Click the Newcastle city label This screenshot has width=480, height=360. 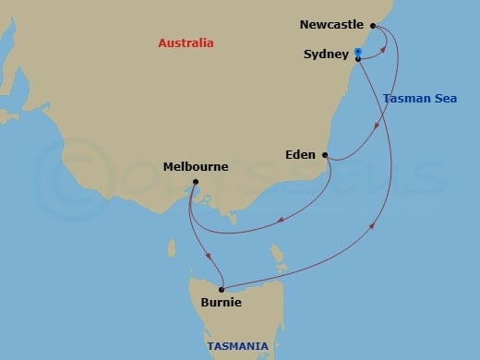pyautogui.click(x=332, y=25)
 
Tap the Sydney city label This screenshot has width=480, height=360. pyautogui.click(x=326, y=54)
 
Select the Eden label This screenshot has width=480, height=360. pyautogui.click(x=300, y=155)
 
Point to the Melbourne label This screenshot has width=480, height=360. pyautogui.click(x=196, y=167)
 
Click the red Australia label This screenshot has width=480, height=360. pyautogui.click(x=186, y=43)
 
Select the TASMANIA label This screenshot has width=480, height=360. pyautogui.click(x=238, y=346)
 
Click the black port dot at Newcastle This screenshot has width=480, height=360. pyautogui.click(x=373, y=26)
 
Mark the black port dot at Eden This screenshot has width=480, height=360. pyautogui.click(x=324, y=155)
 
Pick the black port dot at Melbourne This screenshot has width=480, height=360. pyautogui.click(x=196, y=183)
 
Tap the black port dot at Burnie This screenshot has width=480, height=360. pyautogui.click(x=222, y=289)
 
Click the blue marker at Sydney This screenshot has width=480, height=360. pyautogui.click(x=357, y=52)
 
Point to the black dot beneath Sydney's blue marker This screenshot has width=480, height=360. pyautogui.click(x=357, y=59)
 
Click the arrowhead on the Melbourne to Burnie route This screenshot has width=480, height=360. pyautogui.click(x=210, y=256)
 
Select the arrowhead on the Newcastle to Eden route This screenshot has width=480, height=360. pyautogui.click(x=374, y=126)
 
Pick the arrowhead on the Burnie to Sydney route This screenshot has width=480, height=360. pyautogui.click(x=373, y=224)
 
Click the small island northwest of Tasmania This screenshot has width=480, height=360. pyautogui.click(x=172, y=248)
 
